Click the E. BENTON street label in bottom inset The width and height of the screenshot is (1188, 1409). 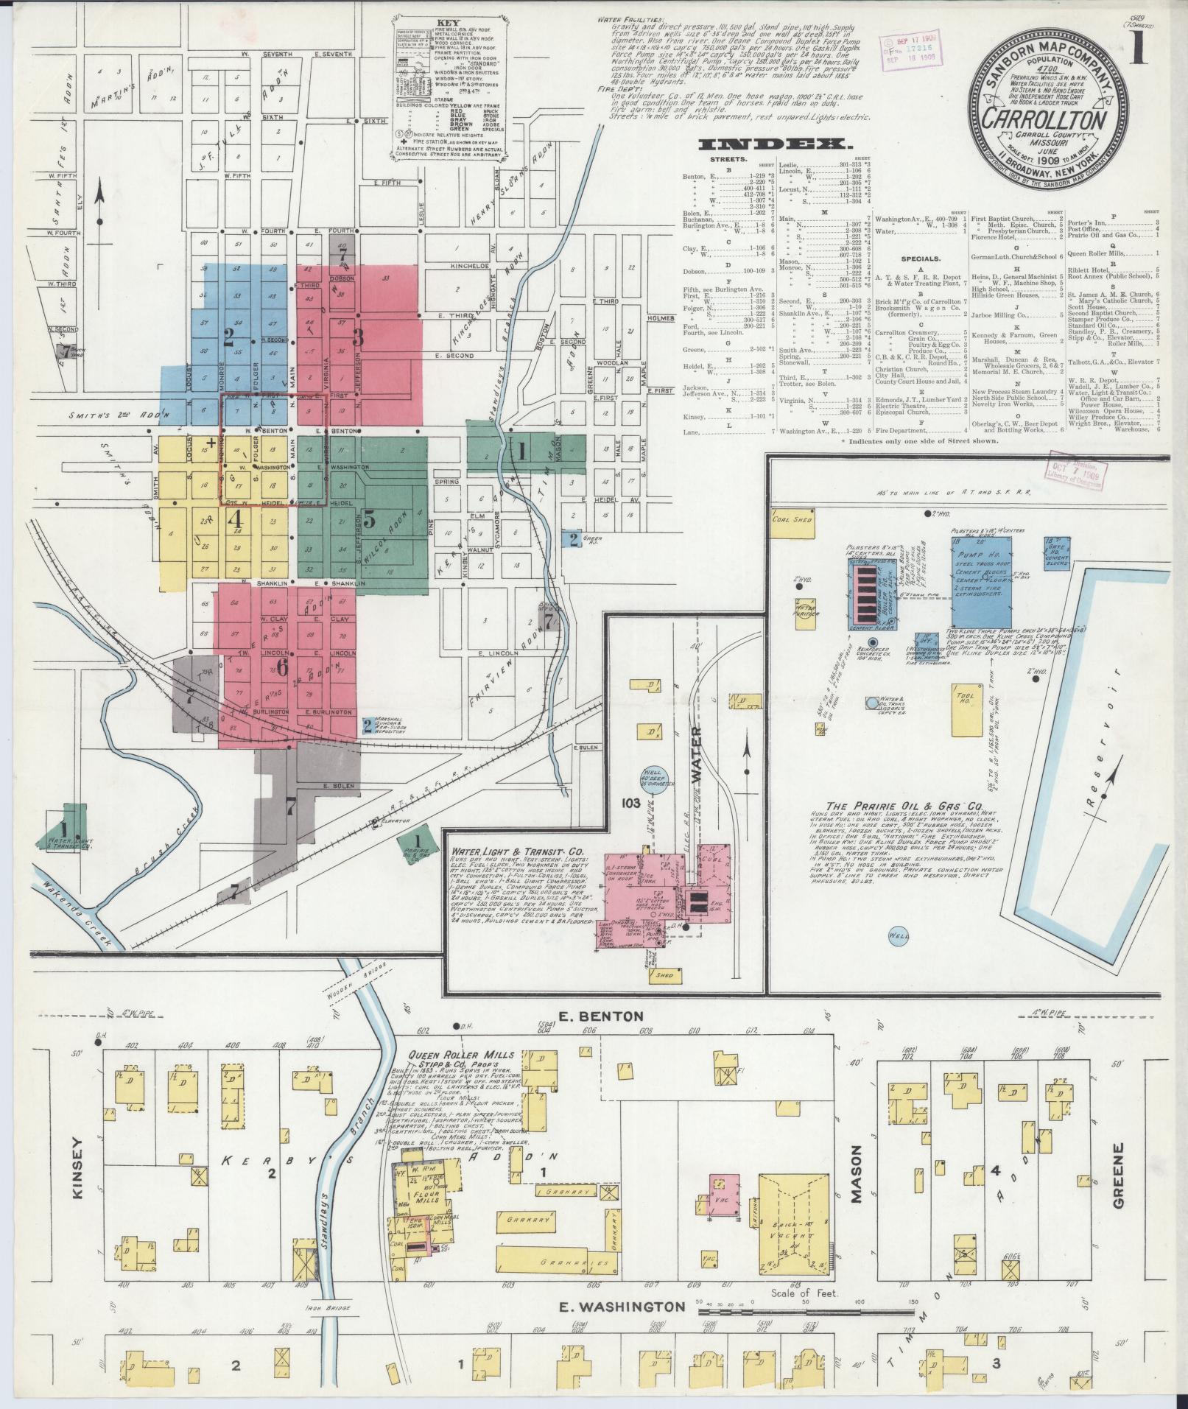(592, 1016)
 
